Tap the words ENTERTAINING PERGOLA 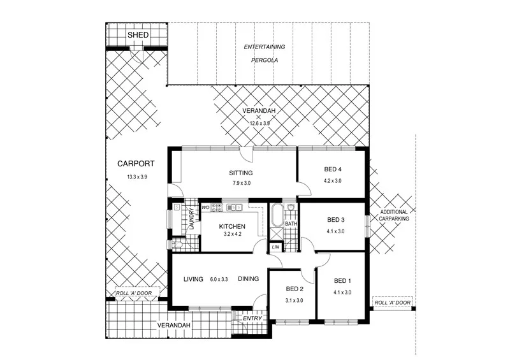[264, 55]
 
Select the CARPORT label [135, 164]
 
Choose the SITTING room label [241, 173]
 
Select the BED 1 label [342, 281]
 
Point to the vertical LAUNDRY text [191, 219]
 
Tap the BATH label [291, 224]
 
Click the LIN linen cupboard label [275, 247]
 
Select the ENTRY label [251, 318]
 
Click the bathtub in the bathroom [277, 216]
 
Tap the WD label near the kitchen [205, 207]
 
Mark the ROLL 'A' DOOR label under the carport [133, 294]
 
